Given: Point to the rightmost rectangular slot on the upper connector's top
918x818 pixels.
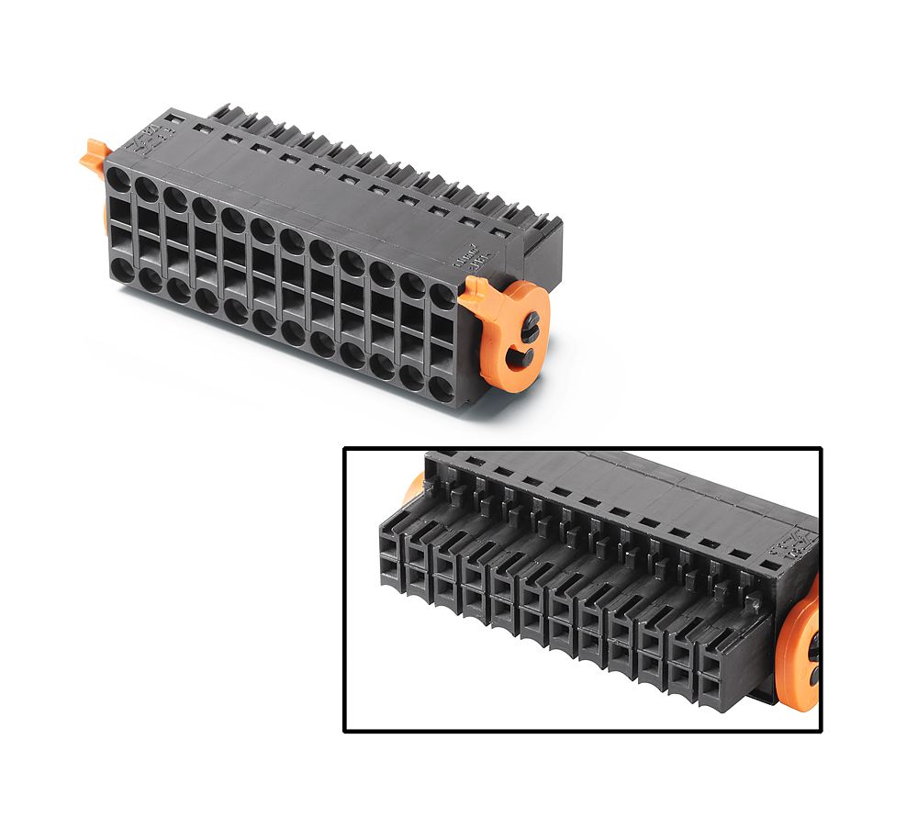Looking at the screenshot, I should pos(498,233).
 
